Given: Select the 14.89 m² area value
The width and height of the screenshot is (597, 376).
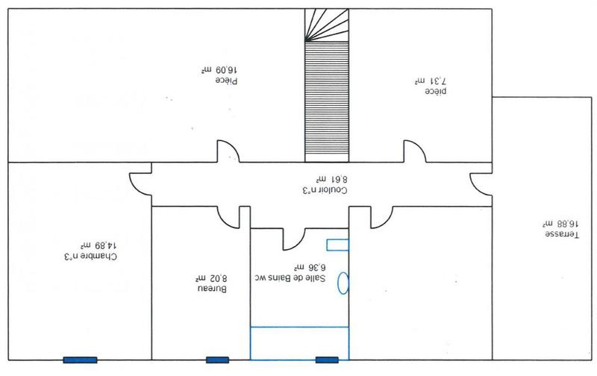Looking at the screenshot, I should tap(99, 245).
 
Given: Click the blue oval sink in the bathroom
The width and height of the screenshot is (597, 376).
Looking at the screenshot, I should tap(344, 283).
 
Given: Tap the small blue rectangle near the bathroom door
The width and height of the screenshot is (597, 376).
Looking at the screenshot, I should tap(337, 243).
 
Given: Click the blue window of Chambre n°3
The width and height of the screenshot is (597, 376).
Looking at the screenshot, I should tap(79, 360).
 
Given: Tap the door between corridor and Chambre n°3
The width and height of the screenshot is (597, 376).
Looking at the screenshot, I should tap(141, 183).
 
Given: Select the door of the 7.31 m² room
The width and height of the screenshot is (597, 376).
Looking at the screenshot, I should tap(413, 151).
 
